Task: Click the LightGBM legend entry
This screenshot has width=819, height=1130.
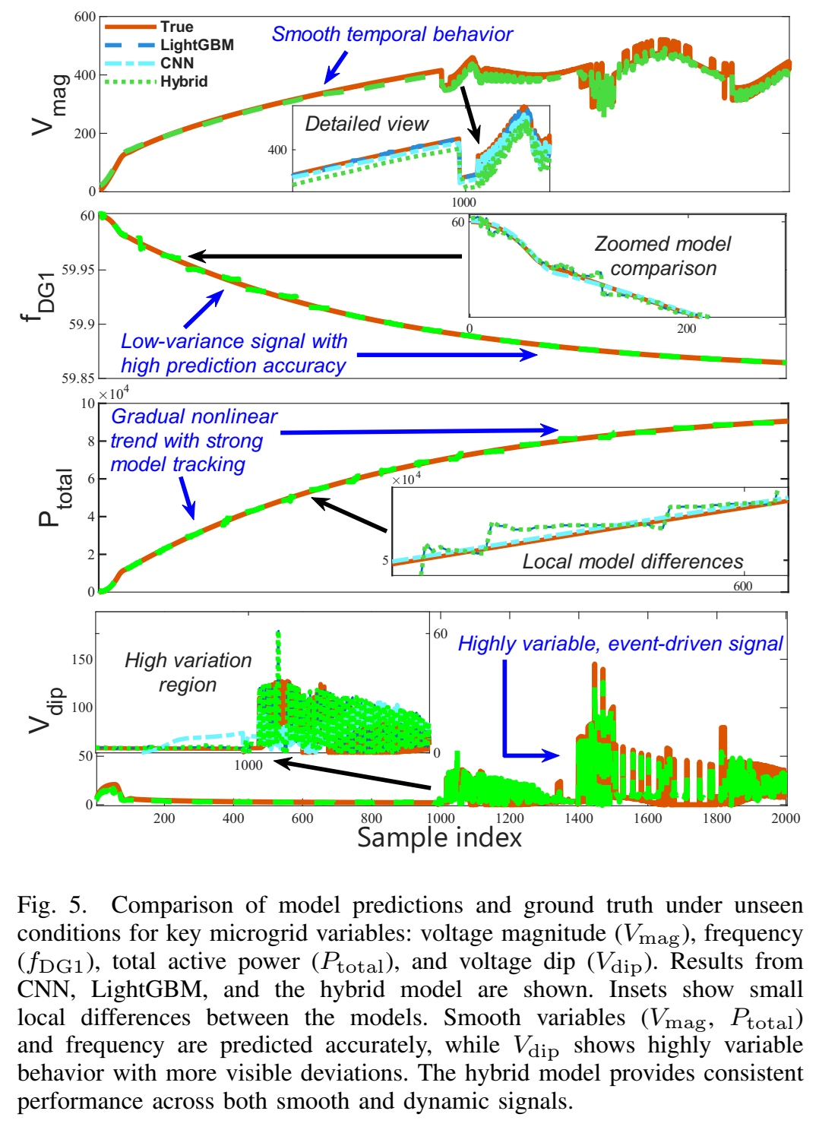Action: pos(196,45)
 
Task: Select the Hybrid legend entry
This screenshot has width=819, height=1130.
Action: pos(183,81)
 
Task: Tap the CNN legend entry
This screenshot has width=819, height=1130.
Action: pos(176,63)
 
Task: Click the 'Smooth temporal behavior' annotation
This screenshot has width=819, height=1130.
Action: pos(392,34)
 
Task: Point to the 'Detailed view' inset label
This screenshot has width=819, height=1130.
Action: pos(366,124)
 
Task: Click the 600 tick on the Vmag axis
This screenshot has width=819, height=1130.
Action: pos(85,17)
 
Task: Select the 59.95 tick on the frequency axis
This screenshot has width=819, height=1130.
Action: pos(78,270)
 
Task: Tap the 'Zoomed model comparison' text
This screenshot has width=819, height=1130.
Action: pos(662,256)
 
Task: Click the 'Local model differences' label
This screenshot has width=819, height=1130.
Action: pos(632,562)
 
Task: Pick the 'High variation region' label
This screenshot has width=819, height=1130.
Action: pos(188,672)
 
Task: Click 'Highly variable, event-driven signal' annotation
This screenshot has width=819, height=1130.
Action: pos(620,644)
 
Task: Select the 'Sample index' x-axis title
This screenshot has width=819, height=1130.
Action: pos(439,837)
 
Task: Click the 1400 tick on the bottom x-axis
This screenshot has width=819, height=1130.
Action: pos(579,818)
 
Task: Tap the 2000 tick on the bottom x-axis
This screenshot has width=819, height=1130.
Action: pos(786,818)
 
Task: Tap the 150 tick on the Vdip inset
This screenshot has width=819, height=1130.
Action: pos(82,660)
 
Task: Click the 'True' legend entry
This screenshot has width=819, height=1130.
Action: pos(176,27)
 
